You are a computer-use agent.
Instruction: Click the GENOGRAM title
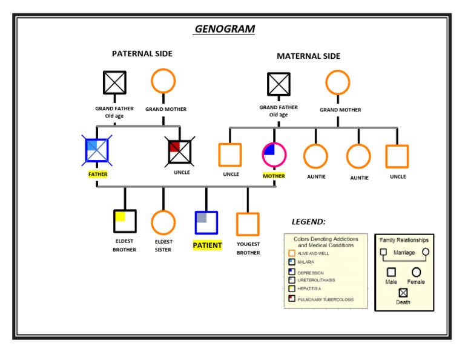coord(225,29)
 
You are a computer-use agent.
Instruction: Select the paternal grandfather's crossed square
coord(114,82)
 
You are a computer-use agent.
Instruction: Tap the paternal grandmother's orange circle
coord(163,81)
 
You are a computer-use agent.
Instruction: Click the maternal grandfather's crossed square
coord(279,84)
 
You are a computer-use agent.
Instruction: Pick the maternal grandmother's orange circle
coord(338,82)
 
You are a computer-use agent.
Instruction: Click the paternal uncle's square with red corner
coord(180,152)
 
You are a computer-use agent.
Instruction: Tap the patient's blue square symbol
coord(206,222)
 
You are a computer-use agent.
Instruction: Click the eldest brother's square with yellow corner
coord(125,221)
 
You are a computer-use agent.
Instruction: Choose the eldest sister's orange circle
coord(163,222)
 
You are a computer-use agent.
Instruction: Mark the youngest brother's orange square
coord(248,224)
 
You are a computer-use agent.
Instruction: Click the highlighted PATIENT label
coord(207,245)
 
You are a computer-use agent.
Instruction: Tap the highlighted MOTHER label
coord(274,176)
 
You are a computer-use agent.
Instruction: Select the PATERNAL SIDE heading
coord(142,53)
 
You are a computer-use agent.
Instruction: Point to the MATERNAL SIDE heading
coord(308,56)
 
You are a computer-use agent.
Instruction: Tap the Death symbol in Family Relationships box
coord(403,293)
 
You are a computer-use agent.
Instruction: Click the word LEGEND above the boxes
coord(308,222)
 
